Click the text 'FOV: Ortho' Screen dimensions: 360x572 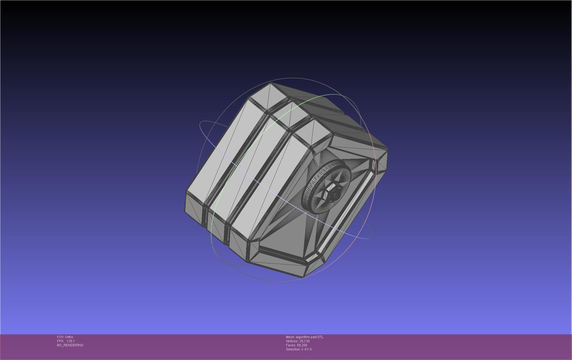tap(65, 337)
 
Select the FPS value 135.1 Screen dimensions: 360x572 tap(70, 341)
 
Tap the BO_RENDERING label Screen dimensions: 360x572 tap(70, 345)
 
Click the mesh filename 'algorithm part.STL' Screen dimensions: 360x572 tap(309, 337)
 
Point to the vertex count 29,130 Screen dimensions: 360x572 tap(304, 341)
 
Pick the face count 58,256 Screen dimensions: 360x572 tap(302, 345)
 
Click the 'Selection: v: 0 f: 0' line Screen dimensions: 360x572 tap(299, 349)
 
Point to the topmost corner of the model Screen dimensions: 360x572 tap(271, 83)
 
